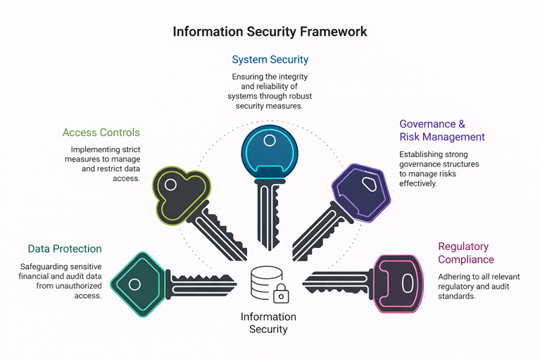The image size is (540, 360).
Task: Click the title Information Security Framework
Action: pyautogui.click(x=270, y=32)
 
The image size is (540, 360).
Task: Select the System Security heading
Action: pyautogui.click(x=270, y=60)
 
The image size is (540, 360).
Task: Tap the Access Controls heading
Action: pyautogui.click(x=101, y=132)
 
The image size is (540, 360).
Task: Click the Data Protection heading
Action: pyautogui.click(x=65, y=249)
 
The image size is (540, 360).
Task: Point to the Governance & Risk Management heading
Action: pyautogui.click(x=441, y=130)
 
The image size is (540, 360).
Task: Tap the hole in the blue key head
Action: pyautogui.click(x=270, y=141)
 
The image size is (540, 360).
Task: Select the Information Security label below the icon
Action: pyautogui.click(x=268, y=323)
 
